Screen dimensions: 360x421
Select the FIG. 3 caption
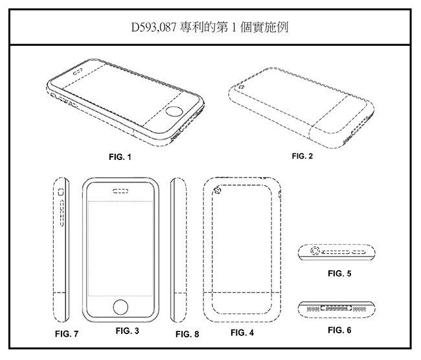click(x=128, y=331)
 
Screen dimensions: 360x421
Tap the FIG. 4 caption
click(x=242, y=333)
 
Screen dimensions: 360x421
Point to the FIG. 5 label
click(x=339, y=273)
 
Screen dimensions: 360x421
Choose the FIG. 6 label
click(x=339, y=330)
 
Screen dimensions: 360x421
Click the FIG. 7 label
click(x=67, y=334)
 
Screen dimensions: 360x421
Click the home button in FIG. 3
click(x=121, y=306)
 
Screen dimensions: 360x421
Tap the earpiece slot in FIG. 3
click(x=121, y=191)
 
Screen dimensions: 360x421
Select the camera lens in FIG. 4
click(x=216, y=190)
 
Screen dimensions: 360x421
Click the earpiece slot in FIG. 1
click(x=80, y=67)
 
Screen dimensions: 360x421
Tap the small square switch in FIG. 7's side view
click(x=61, y=192)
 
